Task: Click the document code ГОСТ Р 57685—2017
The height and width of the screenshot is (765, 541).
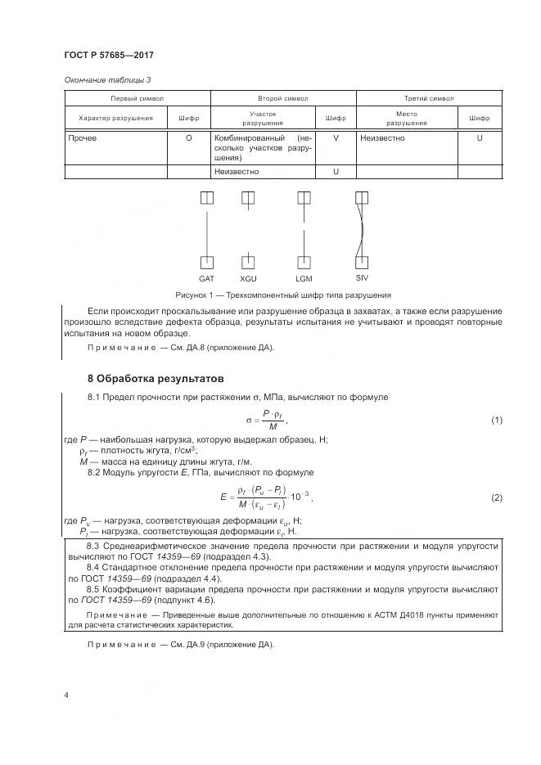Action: tap(108, 55)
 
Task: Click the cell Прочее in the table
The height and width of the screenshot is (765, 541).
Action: tap(83, 138)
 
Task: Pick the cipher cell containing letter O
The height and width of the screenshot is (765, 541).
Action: tap(188, 138)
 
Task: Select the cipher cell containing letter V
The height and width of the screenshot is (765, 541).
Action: tap(336, 138)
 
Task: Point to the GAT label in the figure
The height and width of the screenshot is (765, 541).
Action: tap(206, 279)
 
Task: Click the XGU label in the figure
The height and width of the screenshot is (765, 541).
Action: tap(248, 279)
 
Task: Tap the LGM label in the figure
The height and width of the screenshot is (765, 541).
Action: tap(304, 279)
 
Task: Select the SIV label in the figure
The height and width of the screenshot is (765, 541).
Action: tap(363, 278)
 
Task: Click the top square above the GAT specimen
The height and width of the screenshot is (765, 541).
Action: tap(206, 198)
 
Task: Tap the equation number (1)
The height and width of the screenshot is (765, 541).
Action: tap(495, 420)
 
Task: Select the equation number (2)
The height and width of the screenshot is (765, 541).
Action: tap(495, 497)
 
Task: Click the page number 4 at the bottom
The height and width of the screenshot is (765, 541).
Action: tap(65, 695)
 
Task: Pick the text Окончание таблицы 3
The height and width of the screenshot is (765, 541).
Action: tap(107, 79)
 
